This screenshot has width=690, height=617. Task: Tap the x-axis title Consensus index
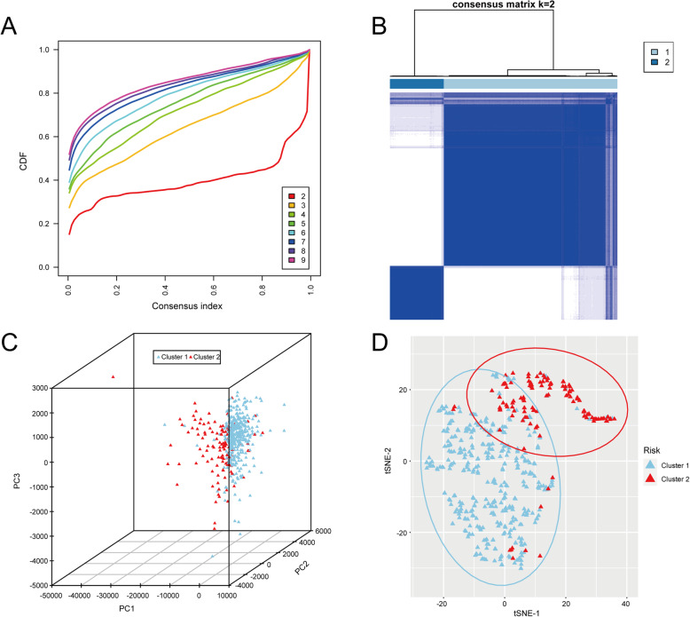pyautogui.click(x=189, y=305)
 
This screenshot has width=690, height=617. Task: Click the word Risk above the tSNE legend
pyautogui.click(x=648, y=447)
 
